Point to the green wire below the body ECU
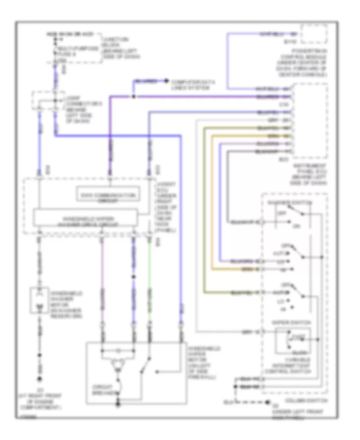coord(150,280)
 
